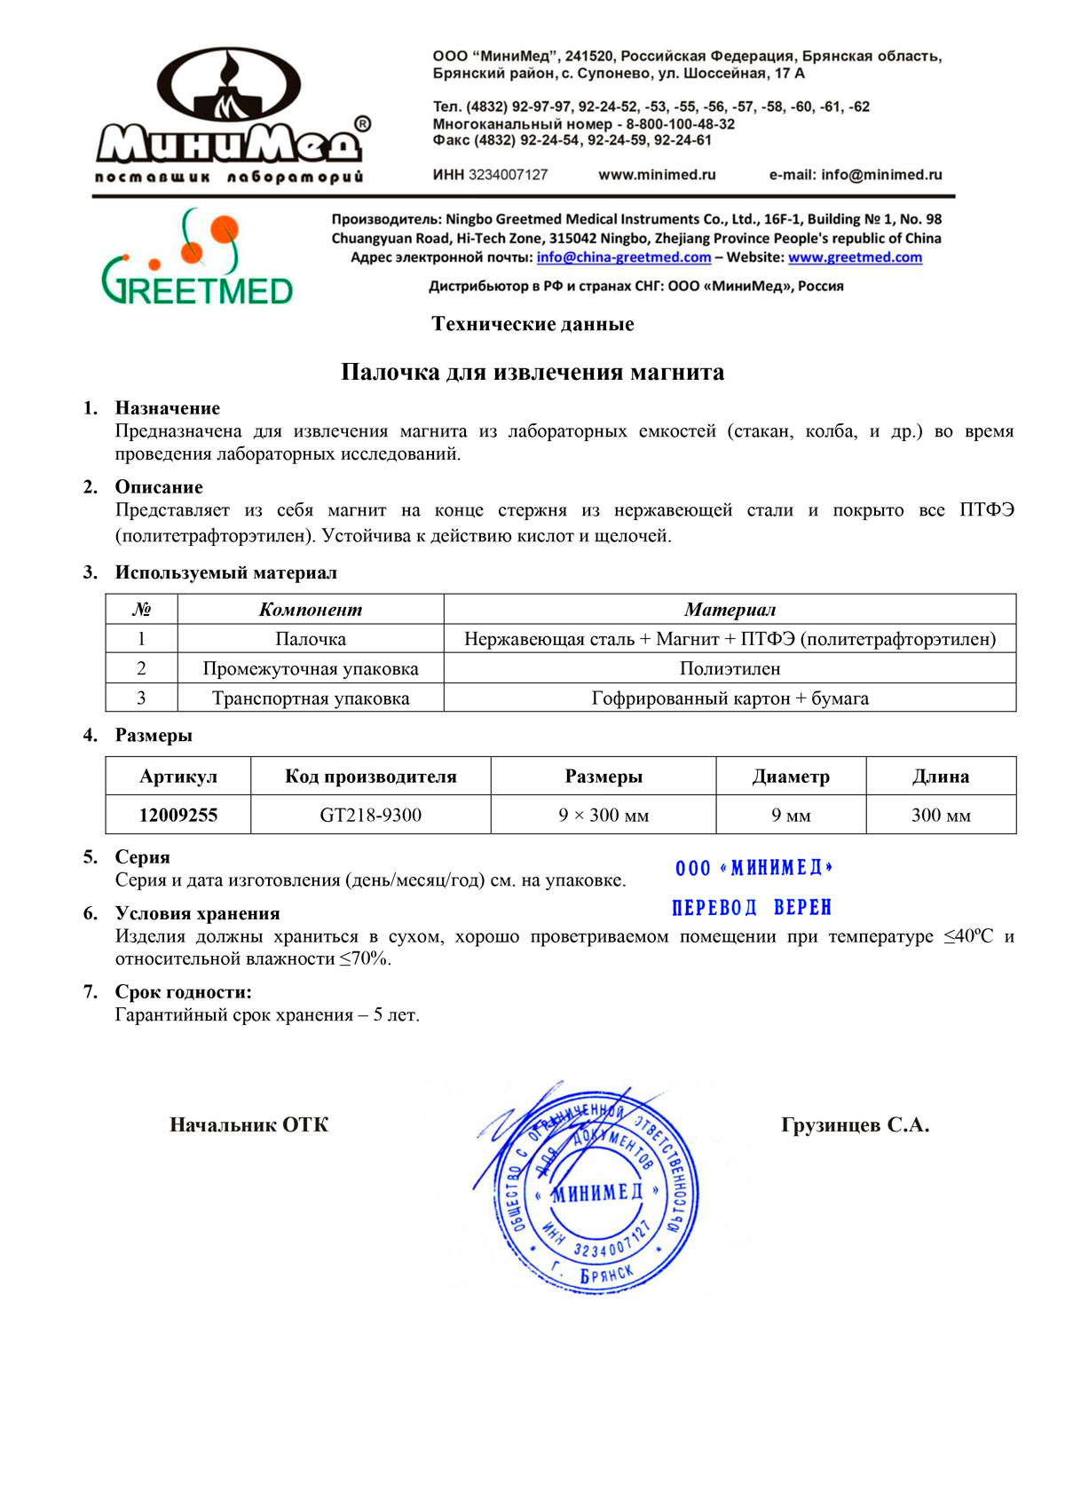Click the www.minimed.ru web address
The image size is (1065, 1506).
[657, 175]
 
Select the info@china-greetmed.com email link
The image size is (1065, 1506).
[623, 257]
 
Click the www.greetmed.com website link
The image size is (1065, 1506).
[855, 257]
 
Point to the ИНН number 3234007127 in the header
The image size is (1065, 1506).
[508, 175]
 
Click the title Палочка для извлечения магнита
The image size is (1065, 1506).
[532, 372]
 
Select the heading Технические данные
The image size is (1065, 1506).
[532, 324]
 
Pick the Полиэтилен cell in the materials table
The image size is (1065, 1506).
[730, 668]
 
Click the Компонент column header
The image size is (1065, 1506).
[311, 610]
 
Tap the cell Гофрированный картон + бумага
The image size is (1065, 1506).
[730, 698]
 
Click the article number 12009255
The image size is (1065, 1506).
[178, 815]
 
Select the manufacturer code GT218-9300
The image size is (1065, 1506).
[370, 815]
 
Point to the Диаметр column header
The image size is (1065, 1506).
[791, 777]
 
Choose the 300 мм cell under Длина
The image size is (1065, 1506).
[941, 815]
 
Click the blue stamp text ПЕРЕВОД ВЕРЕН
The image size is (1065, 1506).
[752, 908]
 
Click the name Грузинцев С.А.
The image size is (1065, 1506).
[855, 1125]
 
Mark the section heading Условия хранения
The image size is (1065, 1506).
[197, 914]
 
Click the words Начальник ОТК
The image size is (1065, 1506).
[248, 1125]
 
